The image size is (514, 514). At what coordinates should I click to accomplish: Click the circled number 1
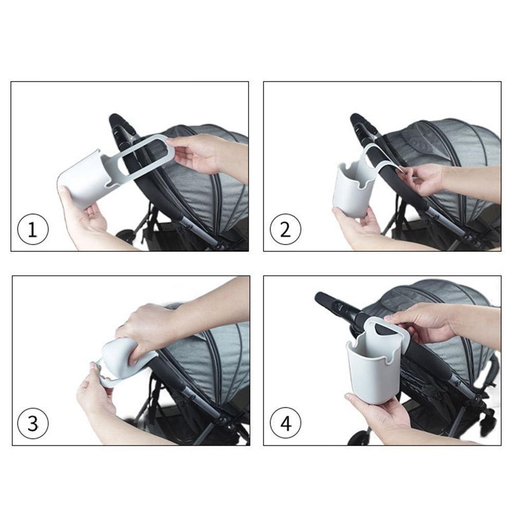tap(33, 229)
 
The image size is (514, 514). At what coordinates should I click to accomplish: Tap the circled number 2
tap(285, 229)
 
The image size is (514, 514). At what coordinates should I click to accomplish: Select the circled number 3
tap(33, 424)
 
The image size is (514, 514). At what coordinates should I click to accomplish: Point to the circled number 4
tap(285, 424)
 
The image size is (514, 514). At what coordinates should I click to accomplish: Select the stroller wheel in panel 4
tap(359, 439)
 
